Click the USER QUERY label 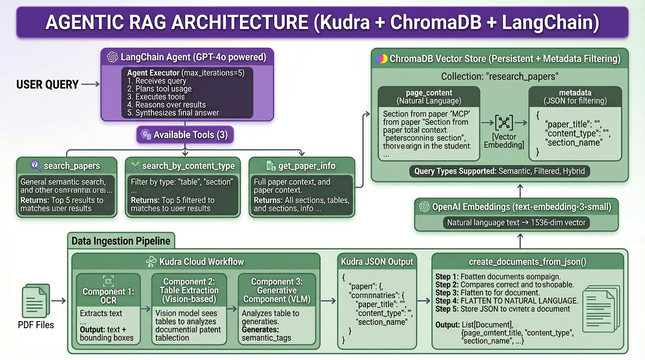point(47,85)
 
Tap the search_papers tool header point(66,166)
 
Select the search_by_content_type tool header point(183,166)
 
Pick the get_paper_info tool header point(301,166)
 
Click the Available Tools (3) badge point(185,135)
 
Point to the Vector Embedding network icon point(504,123)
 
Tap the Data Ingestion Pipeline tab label point(120,241)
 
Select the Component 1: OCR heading point(108,287)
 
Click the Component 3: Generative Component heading point(277,291)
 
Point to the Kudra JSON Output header point(377,262)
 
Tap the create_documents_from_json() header point(527,262)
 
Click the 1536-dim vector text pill point(516,223)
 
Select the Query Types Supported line point(499,171)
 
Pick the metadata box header point(575,97)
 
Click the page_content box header point(429,97)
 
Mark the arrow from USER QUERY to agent point(90,84)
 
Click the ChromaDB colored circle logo point(381,59)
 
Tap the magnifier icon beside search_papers point(36,165)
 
